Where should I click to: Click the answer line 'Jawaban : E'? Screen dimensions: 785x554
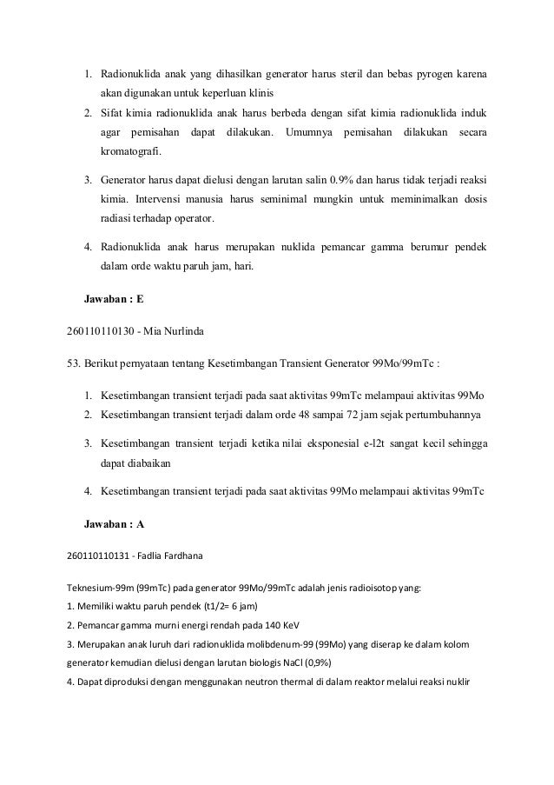pos(113,299)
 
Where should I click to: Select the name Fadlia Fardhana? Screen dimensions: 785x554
pos(174,555)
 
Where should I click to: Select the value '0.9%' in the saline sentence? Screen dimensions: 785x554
pos(341,181)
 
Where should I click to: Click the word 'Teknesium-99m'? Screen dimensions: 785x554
pos(98,587)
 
